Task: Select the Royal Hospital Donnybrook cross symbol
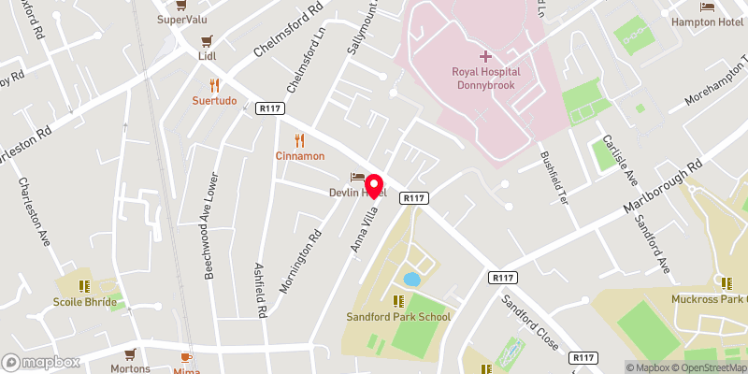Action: pyautogui.click(x=486, y=56)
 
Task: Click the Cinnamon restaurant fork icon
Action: pyautogui.click(x=299, y=140)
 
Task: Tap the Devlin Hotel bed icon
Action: pyautogui.click(x=355, y=178)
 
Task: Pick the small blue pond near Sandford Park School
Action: pyautogui.click(x=410, y=279)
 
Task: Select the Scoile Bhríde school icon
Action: pyautogui.click(x=84, y=286)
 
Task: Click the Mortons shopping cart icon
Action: pyautogui.click(x=129, y=354)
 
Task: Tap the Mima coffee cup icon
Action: pyautogui.click(x=185, y=357)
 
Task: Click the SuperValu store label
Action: pyautogui.click(x=181, y=19)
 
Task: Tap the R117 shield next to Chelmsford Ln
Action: pyautogui.click(x=269, y=109)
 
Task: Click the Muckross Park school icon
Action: pyautogui.click(x=725, y=283)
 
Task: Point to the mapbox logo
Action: pyautogui.click(x=41, y=362)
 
